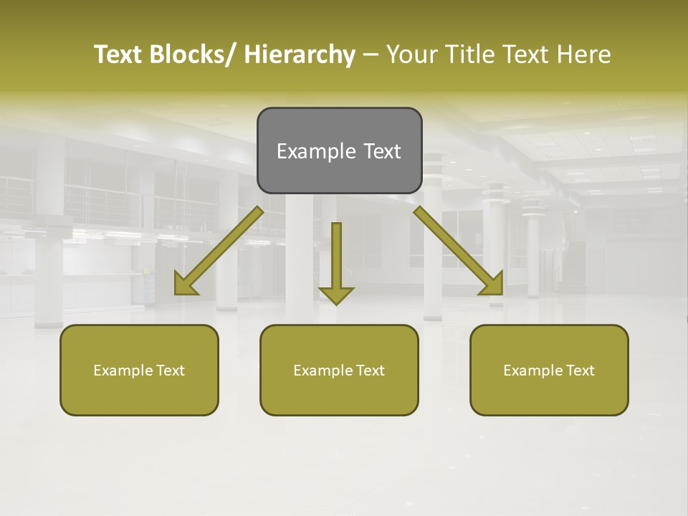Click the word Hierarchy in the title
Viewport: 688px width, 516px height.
pyautogui.click(x=300, y=54)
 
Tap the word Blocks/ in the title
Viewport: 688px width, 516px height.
pyautogui.click(x=193, y=54)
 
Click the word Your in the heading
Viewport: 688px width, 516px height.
pyautogui.click(x=411, y=54)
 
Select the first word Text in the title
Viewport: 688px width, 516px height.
pyautogui.click(x=118, y=54)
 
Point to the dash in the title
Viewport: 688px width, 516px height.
pyautogui.click(x=371, y=55)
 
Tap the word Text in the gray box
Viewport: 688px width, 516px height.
pyautogui.click(x=382, y=151)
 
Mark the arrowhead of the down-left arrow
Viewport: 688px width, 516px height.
pyautogui.click(x=184, y=285)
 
